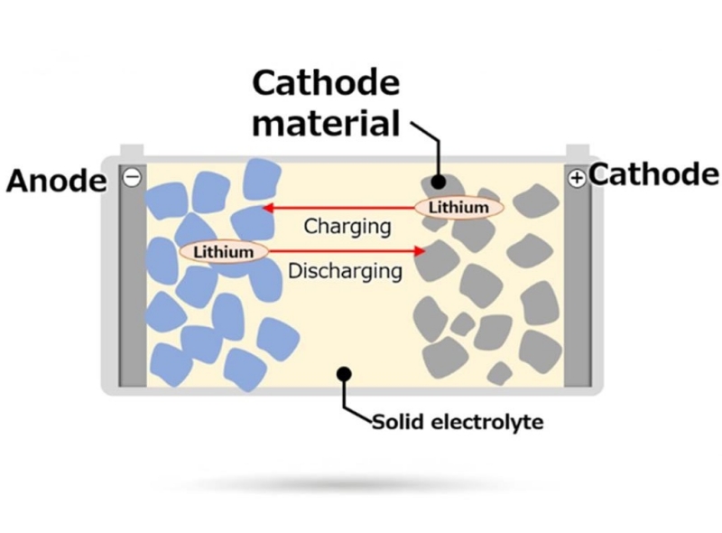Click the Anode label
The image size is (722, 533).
(x=56, y=181)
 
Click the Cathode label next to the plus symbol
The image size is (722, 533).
(x=654, y=174)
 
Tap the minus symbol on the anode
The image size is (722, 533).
(x=132, y=178)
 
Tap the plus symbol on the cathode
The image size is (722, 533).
(x=576, y=179)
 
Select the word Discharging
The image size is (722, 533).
(x=345, y=269)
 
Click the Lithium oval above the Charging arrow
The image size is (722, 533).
(x=458, y=208)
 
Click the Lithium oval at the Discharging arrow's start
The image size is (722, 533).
(x=223, y=251)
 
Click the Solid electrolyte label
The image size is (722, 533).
(x=458, y=422)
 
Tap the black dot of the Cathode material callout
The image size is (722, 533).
(x=438, y=181)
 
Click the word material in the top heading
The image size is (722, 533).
(x=326, y=121)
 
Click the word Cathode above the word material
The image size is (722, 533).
(x=325, y=84)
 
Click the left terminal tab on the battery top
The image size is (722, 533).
(x=132, y=150)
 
